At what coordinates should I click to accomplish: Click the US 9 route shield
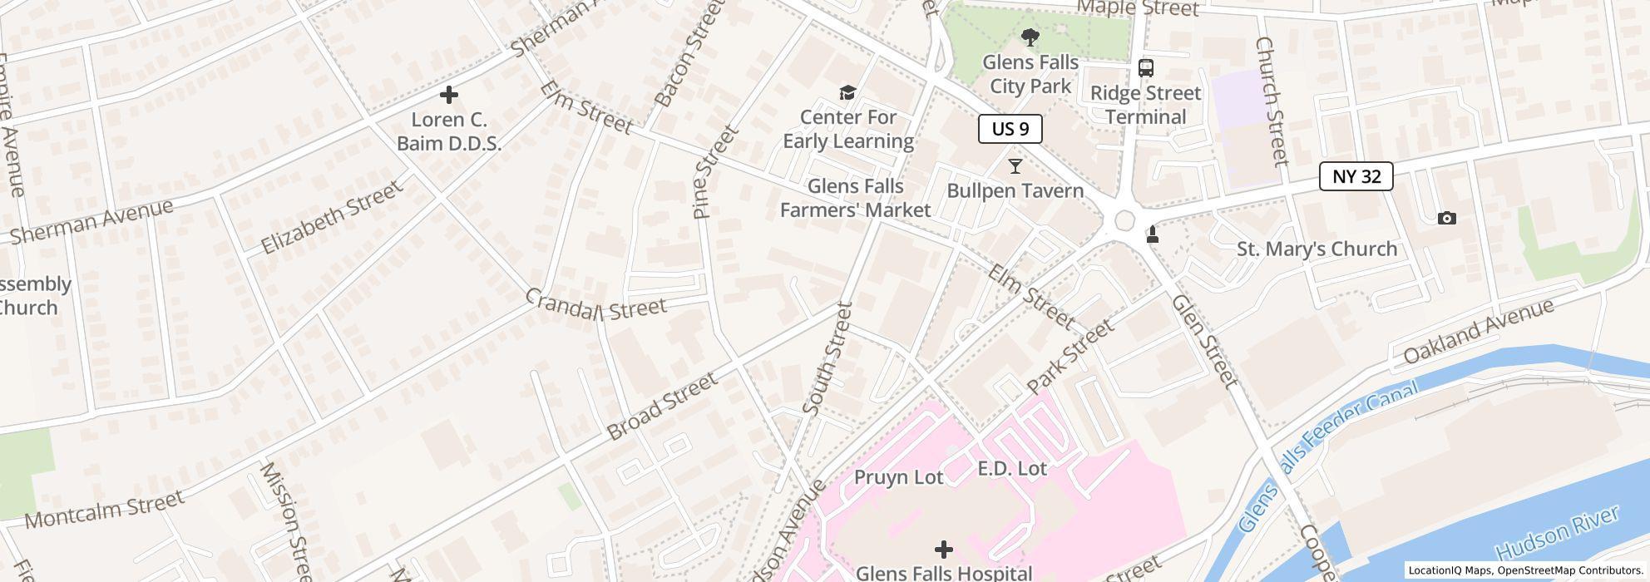1010,129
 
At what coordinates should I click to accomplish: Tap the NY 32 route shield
1356,176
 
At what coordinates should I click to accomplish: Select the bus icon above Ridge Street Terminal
1145,68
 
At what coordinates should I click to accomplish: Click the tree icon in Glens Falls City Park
1030,37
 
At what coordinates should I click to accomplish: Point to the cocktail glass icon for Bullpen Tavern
1015,166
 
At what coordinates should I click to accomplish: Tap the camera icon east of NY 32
1446,218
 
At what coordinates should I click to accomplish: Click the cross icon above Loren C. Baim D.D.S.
448,95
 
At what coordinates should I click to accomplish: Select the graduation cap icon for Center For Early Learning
847,92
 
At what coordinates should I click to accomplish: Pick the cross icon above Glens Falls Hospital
943,549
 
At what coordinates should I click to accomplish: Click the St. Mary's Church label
1317,249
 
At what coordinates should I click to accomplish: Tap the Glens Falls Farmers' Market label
855,198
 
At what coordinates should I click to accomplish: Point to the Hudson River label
1557,532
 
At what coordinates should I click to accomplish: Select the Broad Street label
662,406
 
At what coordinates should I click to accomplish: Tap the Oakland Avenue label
1478,331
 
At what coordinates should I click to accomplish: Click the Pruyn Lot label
899,477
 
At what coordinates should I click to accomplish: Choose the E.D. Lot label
1011,468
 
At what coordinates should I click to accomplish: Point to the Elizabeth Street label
332,218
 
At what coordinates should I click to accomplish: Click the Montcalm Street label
104,509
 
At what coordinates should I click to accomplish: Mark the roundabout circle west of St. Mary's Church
1124,220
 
